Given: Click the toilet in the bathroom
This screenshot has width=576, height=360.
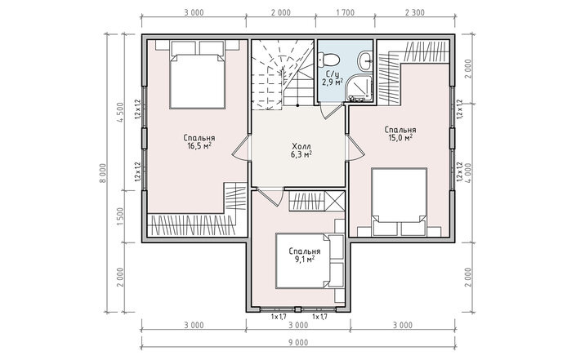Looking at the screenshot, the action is (328, 59).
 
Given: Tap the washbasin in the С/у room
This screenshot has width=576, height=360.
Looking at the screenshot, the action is (365, 61).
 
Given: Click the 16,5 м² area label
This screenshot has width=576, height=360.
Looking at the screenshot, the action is (199, 146).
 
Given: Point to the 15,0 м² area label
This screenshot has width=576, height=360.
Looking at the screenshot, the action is (400, 138).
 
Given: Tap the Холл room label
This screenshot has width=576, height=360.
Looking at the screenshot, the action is (301, 145).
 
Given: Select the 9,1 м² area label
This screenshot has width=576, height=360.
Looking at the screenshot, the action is (304, 260).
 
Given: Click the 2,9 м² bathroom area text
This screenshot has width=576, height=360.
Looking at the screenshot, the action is (333, 82).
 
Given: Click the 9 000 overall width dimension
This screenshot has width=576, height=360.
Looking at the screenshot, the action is (297, 343).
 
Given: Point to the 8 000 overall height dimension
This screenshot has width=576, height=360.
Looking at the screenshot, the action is (102, 175).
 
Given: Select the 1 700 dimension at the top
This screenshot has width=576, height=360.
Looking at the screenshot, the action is (345, 12).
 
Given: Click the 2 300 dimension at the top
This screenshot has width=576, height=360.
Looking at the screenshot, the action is (415, 12).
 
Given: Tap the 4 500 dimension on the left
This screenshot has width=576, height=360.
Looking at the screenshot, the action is (120, 113).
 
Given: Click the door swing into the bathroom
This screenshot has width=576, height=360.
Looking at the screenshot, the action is (326, 112).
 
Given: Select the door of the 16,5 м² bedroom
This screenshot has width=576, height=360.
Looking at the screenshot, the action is (240, 148).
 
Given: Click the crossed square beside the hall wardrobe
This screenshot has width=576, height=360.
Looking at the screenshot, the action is (335, 201).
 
